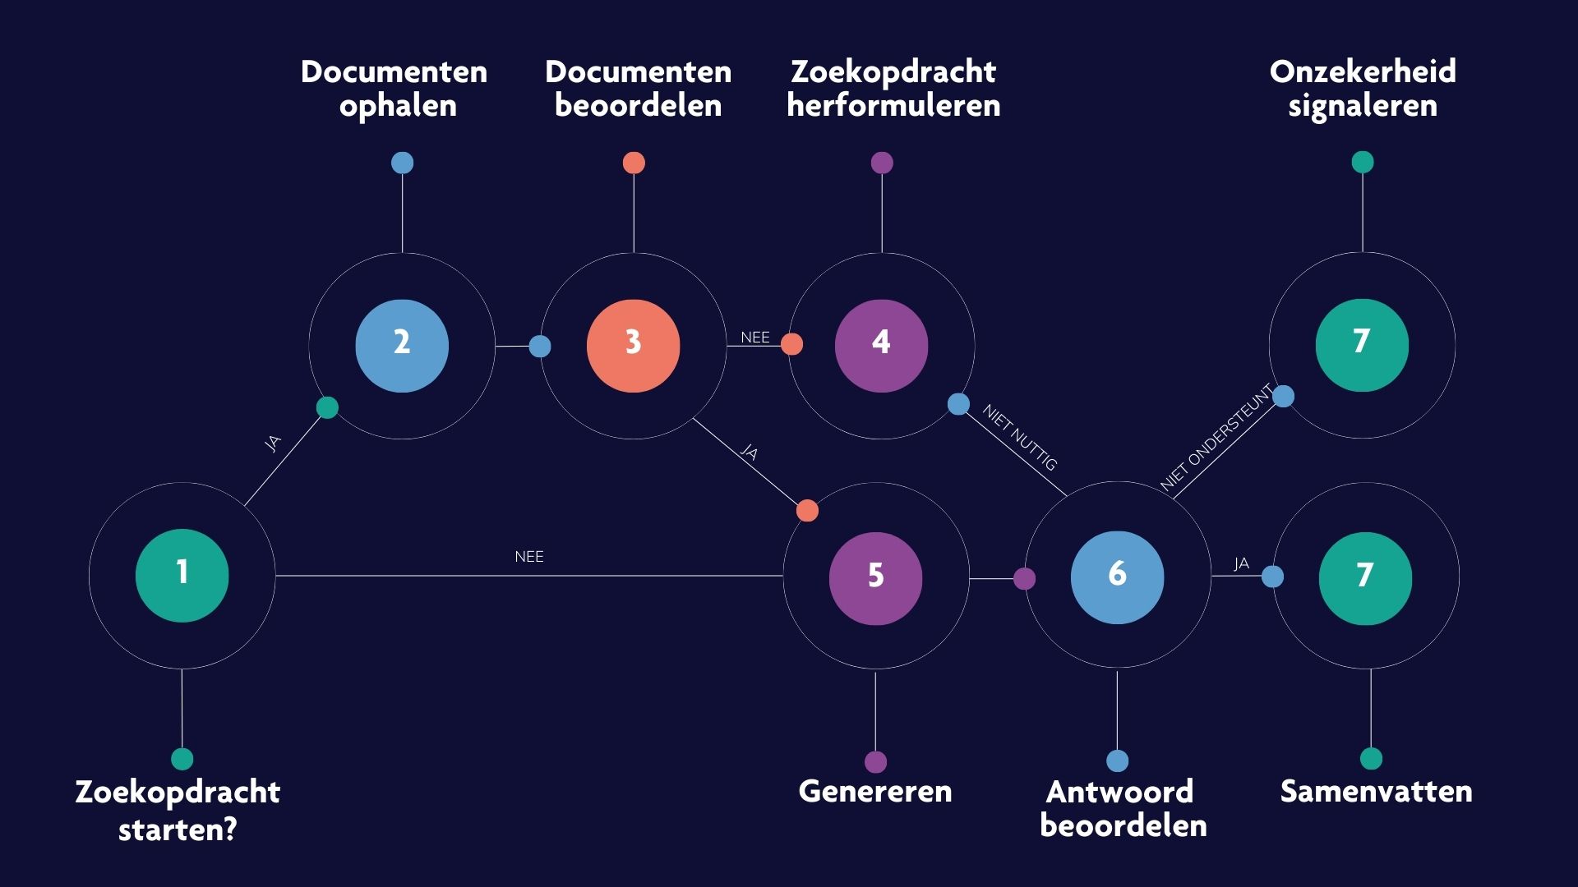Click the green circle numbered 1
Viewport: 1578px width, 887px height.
[182, 575]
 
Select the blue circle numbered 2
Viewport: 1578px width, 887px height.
[402, 345]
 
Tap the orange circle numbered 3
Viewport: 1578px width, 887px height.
[633, 345]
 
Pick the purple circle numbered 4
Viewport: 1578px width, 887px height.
[881, 345]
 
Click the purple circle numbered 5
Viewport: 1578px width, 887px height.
[875, 578]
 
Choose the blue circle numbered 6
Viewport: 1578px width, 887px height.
[1117, 577]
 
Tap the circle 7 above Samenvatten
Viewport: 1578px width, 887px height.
[1365, 578]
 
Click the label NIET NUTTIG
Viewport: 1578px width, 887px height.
[1019, 437]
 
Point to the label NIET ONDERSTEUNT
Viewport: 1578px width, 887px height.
[1216, 437]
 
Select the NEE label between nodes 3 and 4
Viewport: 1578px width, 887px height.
[755, 338]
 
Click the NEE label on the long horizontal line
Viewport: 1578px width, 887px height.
[529, 557]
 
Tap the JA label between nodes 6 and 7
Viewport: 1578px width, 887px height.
[1241, 563]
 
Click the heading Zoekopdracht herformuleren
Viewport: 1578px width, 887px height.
[893, 88]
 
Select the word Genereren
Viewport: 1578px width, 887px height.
[875, 791]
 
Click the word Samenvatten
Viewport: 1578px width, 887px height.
[1376, 791]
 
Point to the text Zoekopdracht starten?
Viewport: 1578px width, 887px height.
[178, 810]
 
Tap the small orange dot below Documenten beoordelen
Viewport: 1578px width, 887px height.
[634, 163]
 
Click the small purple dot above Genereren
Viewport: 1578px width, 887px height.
[876, 762]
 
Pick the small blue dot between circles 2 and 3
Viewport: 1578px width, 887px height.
[540, 346]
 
